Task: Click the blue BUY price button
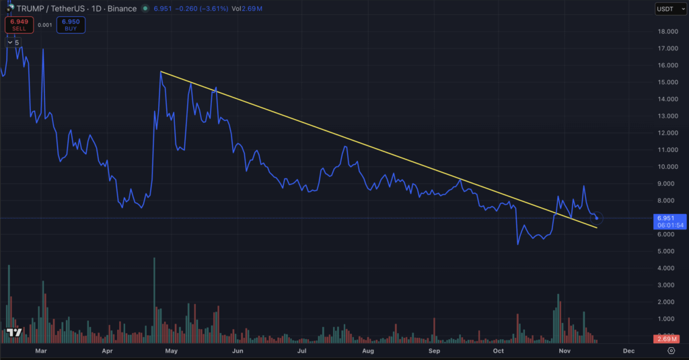pyautogui.click(x=70, y=25)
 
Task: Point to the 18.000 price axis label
pyautogui.click(x=667, y=32)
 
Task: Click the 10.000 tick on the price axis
pyautogui.click(x=667, y=167)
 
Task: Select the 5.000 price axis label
pyautogui.click(x=667, y=251)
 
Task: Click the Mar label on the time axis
pyautogui.click(x=41, y=351)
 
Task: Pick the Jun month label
pyautogui.click(x=238, y=351)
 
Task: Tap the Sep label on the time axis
pyautogui.click(x=435, y=351)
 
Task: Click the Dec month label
pyautogui.click(x=628, y=351)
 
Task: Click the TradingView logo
pyautogui.click(x=13, y=332)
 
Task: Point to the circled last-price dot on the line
pyautogui.click(x=597, y=218)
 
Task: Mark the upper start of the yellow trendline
pyautogui.click(x=161, y=71)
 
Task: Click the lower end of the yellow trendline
pyautogui.click(x=596, y=228)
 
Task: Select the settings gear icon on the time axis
pyautogui.click(x=671, y=351)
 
